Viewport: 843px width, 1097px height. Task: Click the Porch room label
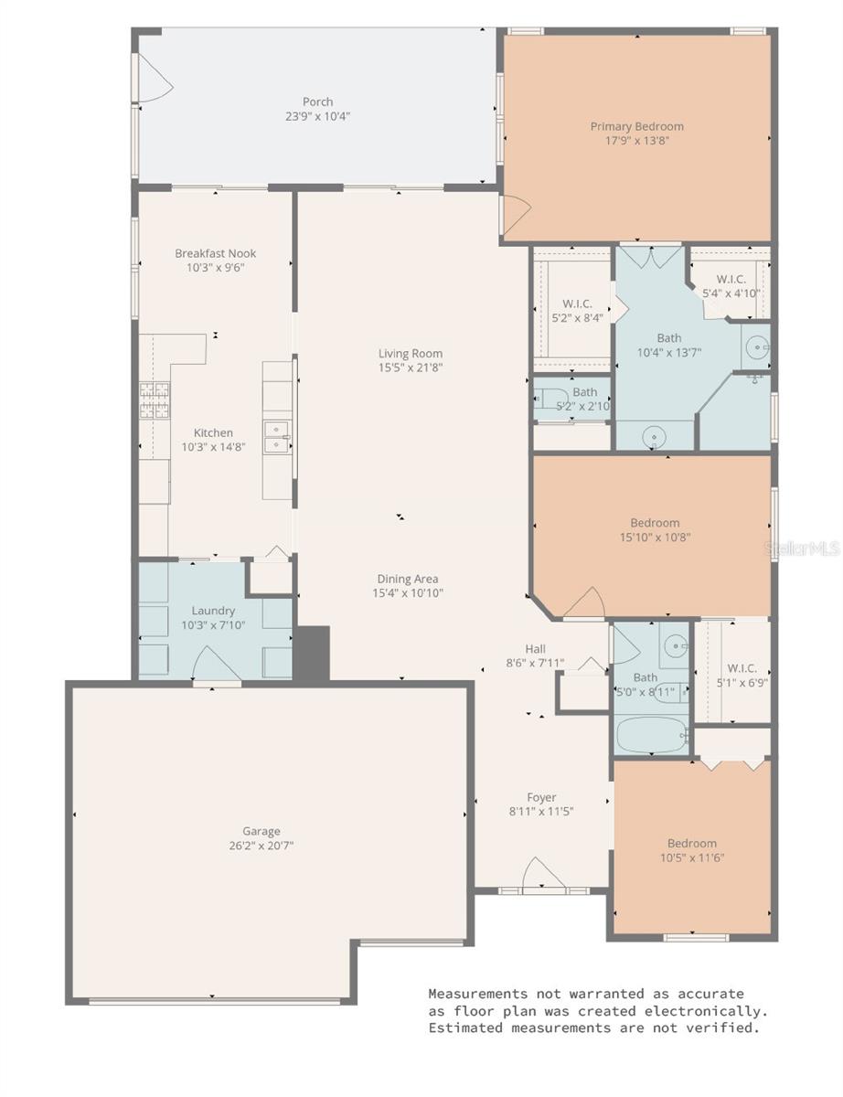tap(318, 101)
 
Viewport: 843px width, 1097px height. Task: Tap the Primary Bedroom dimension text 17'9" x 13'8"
tap(636, 141)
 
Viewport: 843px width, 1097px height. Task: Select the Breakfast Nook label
tap(216, 253)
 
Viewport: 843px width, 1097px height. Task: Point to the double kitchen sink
tap(276, 436)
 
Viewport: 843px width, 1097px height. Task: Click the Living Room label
tap(411, 354)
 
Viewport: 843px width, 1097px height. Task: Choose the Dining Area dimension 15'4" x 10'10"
tap(408, 592)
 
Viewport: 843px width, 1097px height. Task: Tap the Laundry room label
tap(213, 611)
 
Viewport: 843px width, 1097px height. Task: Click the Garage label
tap(261, 831)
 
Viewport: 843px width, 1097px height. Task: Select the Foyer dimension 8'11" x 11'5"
tap(541, 811)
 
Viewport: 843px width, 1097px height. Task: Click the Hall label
tap(536, 649)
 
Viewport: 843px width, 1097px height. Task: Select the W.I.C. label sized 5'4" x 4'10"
tap(731, 279)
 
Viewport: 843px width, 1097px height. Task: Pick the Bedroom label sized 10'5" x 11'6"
tap(691, 843)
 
